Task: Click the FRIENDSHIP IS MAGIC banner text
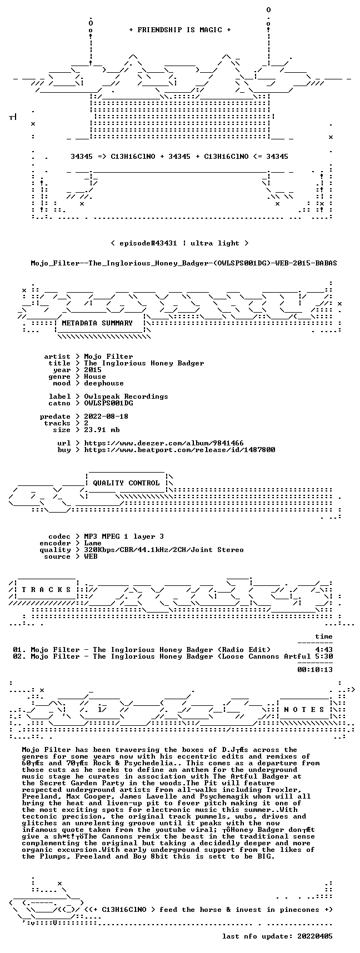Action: pos(180,30)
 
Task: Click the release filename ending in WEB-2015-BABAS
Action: pos(184,263)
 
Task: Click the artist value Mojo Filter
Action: pos(108,357)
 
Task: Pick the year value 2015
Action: pos(93,370)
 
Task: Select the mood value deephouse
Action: pos(104,383)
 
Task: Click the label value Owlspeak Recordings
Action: pos(126,397)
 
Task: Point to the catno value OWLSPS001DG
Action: pos(108,403)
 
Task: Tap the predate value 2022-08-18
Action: pos(106,417)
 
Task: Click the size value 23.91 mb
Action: pos(102,430)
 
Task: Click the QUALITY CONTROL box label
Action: pos(126,483)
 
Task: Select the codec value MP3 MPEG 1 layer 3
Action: pos(124,536)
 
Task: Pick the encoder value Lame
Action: pos(93,543)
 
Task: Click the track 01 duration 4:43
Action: pos(324,650)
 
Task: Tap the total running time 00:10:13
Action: pos(315,670)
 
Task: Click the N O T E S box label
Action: pos(304,710)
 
